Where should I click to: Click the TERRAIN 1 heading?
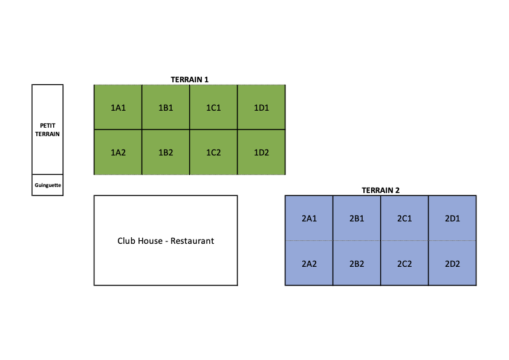click(190, 80)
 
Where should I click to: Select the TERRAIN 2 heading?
click(380, 191)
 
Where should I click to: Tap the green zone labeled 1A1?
click(118, 107)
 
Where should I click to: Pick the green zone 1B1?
click(166, 107)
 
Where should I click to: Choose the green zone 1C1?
click(213, 107)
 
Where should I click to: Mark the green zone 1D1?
click(261, 107)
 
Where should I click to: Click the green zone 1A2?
click(118, 152)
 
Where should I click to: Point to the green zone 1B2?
click(166, 152)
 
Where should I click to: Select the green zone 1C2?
click(213, 152)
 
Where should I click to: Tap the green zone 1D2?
click(261, 152)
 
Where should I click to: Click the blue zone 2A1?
click(309, 218)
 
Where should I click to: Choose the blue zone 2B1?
click(357, 218)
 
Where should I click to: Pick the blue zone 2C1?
click(404, 218)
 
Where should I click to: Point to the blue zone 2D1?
click(452, 218)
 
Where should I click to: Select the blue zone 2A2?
click(309, 263)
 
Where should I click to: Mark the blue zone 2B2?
click(357, 263)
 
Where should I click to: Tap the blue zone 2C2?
click(404, 263)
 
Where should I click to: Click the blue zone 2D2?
click(452, 263)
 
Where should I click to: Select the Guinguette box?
click(47, 185)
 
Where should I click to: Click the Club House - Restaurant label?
click(166, 241)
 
